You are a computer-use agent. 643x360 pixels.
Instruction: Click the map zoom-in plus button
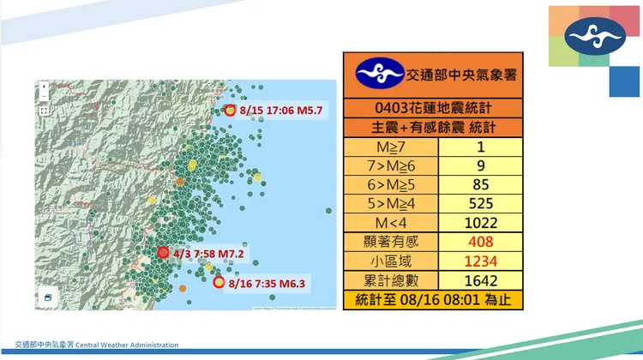pos(44,87)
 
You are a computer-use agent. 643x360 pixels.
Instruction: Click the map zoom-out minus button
pos(44,97)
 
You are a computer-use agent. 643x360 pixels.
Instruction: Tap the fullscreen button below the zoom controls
pos(44,111)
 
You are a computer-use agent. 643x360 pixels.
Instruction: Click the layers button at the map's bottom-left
pos(48,297)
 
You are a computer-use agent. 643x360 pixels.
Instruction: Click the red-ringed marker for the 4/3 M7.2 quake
pos(163,253)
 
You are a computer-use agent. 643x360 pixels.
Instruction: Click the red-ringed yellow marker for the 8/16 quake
pos(219,281)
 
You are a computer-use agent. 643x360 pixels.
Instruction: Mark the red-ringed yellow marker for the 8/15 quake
pos(229,111)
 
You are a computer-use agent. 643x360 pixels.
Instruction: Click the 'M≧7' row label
pos(389,148)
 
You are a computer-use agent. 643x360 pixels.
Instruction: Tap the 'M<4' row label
pos(389,223)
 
